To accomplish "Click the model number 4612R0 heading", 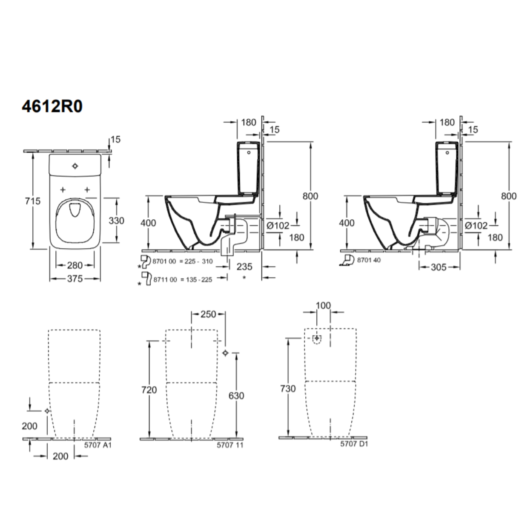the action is (52, 106).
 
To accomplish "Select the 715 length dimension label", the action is (33, 201).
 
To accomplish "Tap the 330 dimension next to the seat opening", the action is (116, 220).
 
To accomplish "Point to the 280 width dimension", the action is (75, 265).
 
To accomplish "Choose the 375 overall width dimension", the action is (75, 278).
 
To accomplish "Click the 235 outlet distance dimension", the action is (244, 267).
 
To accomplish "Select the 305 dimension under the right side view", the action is (439, 267).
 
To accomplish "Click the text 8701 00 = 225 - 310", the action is (183, 261).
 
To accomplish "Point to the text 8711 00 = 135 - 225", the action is (183, 279).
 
